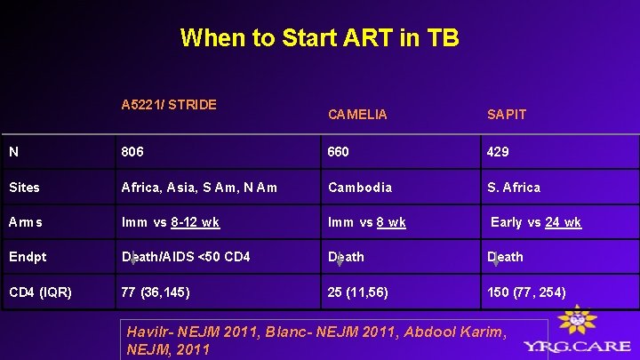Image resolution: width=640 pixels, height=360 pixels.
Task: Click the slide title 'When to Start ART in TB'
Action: (319, 38)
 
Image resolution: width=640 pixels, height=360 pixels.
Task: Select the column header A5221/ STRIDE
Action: (169, 105)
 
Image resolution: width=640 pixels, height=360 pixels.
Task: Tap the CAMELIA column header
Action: (357, 115)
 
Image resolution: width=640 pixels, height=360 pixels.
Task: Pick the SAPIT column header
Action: (507, 115)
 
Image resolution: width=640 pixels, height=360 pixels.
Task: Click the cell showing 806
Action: (133, 152)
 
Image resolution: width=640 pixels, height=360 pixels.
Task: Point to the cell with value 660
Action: (339, 152)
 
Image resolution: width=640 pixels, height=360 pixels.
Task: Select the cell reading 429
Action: (498, 152)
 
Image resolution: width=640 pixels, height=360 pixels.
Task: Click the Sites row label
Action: (26, 188)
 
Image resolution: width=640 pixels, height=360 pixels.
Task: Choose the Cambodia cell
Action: (359, 188)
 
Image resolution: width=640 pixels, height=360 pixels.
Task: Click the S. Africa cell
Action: (513, 188)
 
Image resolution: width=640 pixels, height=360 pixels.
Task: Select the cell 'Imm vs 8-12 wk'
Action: (171, 222)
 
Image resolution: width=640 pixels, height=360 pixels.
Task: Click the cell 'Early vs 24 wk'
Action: (536, 222)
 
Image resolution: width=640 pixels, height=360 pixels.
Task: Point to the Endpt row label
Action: (28, 257)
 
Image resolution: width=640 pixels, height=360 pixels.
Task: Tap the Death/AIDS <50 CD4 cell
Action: (186, 257)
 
